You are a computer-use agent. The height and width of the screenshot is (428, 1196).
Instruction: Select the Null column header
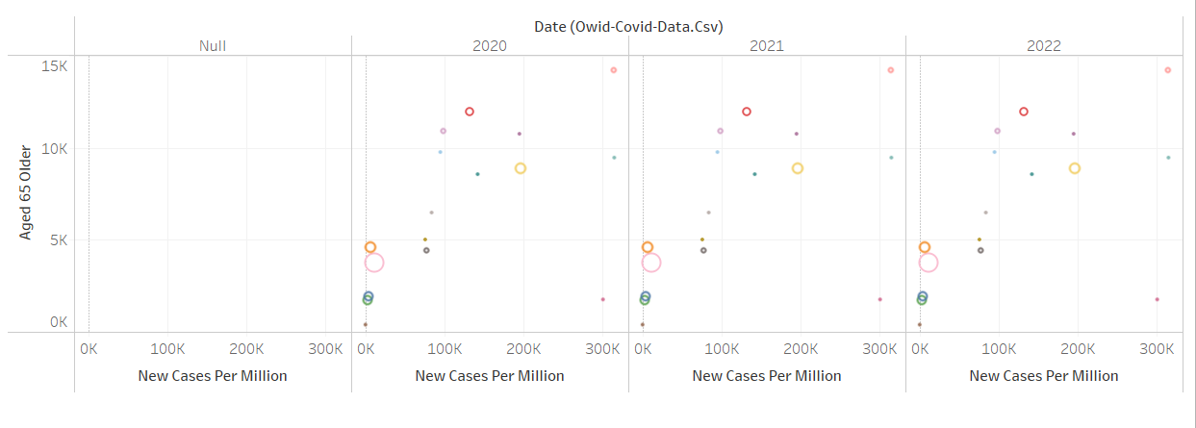point(213,45)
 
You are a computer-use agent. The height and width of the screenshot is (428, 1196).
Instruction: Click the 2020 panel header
point(490,45)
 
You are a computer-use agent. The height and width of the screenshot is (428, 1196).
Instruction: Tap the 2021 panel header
point(767,45)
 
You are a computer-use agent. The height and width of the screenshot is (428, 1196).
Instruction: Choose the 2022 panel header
point(1044,45)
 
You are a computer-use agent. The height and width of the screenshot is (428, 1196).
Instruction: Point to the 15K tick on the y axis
point(54,66)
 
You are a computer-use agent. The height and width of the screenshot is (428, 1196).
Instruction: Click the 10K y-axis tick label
point(54,149)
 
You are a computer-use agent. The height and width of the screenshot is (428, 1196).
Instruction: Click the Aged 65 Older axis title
point(26,192)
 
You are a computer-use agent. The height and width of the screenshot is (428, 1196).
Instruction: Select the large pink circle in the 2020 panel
point(374,262)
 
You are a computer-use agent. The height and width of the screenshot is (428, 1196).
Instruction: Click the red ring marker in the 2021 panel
point(747,112)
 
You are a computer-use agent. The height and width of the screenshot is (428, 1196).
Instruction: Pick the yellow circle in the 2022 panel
point(1075,168)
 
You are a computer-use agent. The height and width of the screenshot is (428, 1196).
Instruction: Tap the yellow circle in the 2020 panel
point(521,168)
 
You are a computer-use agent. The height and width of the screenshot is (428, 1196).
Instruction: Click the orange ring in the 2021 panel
point(648,247)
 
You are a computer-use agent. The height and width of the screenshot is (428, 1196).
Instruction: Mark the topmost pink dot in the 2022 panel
point(1167,70)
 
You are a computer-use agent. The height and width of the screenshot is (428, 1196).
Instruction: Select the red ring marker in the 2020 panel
point(470,112)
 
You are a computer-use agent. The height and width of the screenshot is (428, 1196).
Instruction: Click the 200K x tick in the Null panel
point(246,347)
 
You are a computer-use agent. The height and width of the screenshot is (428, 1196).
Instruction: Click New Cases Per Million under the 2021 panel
point(767,375)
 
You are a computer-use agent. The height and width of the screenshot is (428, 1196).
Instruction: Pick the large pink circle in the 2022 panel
point(929,262)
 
